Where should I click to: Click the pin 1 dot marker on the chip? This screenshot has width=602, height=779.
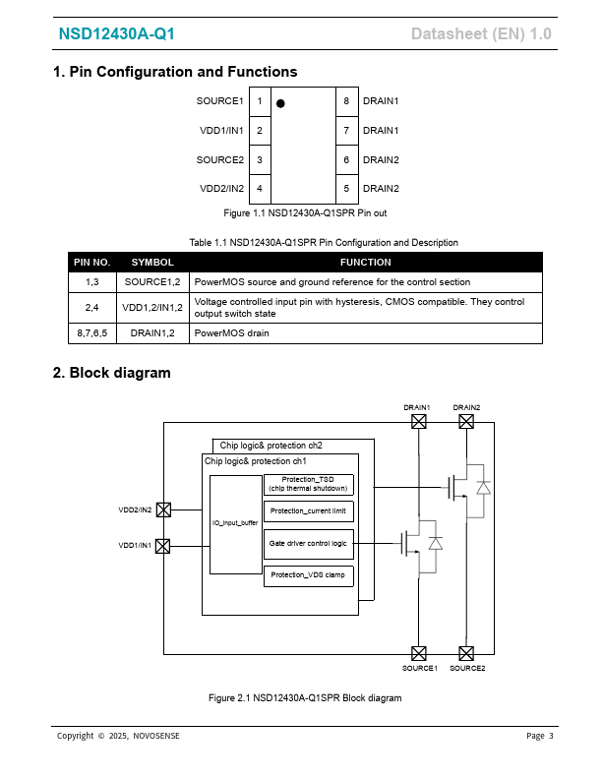point(280,102)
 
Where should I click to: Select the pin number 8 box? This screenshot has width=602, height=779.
point(346,101)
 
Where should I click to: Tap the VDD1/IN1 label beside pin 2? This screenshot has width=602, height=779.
point(221,130)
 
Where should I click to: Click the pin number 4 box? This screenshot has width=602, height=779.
point(259,188)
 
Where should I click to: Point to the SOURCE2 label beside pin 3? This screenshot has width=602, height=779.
point(219,159)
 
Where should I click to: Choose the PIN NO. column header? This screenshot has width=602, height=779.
point(92,263)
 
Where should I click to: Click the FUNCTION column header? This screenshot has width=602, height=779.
point(365,263)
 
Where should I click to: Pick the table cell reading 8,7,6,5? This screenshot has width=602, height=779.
point(92,333)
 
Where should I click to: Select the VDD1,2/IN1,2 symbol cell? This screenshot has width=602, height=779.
point(152,307)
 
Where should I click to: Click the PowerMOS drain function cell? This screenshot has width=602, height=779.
point(365,333)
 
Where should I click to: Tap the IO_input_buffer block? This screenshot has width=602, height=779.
point(236,523)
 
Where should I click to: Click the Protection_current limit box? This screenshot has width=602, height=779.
point(308,511)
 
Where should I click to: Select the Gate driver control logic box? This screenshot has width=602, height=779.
point(308,543)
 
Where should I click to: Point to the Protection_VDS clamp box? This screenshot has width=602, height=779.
point(308,575)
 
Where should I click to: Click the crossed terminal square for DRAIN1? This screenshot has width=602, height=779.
point(418,421)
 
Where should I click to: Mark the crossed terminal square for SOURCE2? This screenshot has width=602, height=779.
point(466,653)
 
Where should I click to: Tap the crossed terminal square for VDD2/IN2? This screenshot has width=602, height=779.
point(163,509)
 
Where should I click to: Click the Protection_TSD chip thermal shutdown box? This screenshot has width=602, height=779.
point(308,483)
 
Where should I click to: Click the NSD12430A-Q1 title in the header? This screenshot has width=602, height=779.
point(116,34)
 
